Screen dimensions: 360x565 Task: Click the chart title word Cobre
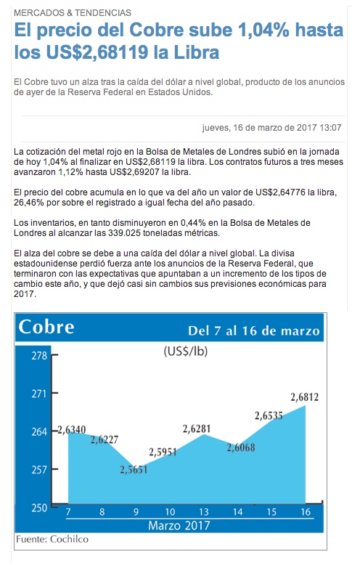tap(46, 328)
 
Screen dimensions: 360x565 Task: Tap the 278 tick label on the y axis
tap(39, 356)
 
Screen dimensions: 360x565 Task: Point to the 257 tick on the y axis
tap(39, 470)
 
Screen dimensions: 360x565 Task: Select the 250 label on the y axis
tap(39, 508)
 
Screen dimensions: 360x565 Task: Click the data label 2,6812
tap(305, 397)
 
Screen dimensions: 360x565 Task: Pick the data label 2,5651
tap(134, 470)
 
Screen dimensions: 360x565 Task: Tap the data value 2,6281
tap(197, 428)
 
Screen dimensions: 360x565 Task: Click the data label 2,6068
tap(241, 447)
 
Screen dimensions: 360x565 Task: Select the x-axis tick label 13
tap(204, 512)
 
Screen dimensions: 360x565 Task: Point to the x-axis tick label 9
tap(136, 512)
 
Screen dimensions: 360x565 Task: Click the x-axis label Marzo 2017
tap(179, 525)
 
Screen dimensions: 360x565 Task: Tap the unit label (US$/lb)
tap(186, 351)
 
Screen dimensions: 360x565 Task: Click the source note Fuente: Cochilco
tap(52, 539)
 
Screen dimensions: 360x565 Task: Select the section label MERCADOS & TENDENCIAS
tap(73, 13)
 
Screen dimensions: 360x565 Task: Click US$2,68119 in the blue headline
tap(97, 52)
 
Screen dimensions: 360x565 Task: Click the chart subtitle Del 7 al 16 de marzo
tap(254, 330)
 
